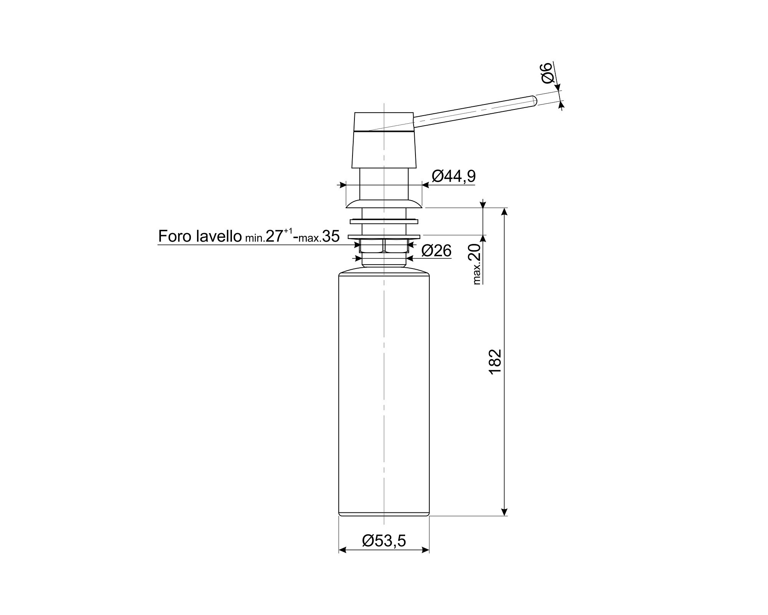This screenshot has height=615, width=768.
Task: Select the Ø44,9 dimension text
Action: pyautogui.click(x=454, y=176)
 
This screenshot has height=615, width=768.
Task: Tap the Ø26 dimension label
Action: pyautogui.click(x=436, y=251)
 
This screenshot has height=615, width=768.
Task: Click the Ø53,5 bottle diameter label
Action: pyautogui.click(x=384, y=541)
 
